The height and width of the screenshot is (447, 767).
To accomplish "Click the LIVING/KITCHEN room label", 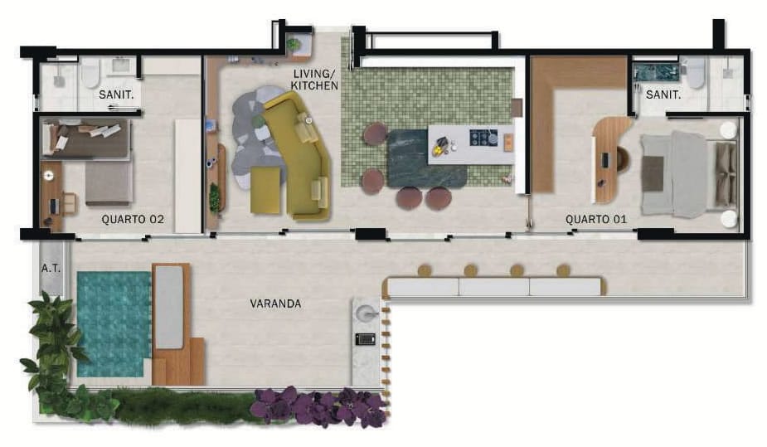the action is click(x=314, y=80).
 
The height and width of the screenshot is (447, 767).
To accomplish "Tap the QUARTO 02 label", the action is click(x=133, y=220).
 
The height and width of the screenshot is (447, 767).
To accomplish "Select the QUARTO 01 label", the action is click(x=596, y=219).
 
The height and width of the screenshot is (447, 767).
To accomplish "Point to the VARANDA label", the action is click(x=275, y=304).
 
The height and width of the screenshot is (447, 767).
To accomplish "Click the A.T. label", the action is click(x=51, y=269).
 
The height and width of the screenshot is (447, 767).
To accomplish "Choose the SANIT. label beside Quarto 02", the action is click(x=116, y=95).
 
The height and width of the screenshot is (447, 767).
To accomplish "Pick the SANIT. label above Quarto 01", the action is click(x=663, y=95).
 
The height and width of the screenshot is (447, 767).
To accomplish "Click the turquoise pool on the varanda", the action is click(x=114, y=323).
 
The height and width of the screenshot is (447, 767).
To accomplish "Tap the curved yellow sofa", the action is click(x=298, y=157).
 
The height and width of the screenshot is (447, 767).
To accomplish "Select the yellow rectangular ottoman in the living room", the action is click(x=265, y=190).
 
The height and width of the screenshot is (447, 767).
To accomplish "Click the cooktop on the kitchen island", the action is click(x=483, y=138).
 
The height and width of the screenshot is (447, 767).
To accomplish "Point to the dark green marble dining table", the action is click(x=426, y=158).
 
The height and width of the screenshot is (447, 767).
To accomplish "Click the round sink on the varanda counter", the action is click(x=367, y=313).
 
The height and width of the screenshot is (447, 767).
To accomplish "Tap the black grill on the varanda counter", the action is click(x=366, y=338).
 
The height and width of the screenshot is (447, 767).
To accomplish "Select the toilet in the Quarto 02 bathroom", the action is click(x=90, y=73).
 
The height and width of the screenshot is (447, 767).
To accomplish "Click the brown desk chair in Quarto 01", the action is click(x=624, y=159).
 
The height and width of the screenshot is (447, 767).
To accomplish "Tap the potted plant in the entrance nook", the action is click(x=293, y=45).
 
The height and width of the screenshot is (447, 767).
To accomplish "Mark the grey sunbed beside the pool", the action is click(x=169, y=307).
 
